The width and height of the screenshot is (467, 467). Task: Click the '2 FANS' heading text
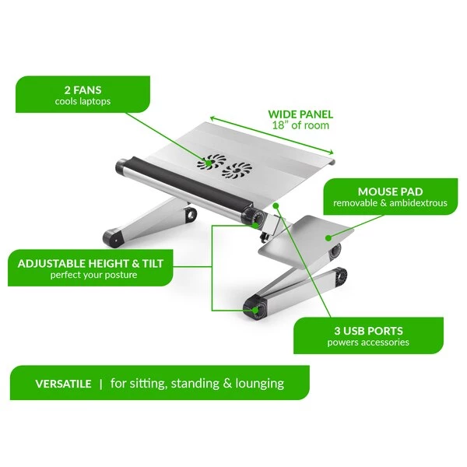(x=83, y=90)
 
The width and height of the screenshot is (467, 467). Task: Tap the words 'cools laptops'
(x=83, y=101)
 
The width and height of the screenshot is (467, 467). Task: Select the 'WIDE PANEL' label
(x=300, y=114)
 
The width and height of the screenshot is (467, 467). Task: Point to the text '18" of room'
(x=300, y=125)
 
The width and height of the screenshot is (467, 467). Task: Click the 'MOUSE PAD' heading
(x=390, y=191)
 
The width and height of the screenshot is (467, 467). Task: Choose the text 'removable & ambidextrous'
(x=390, y=203)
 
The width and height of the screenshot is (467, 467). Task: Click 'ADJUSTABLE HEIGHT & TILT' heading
(x=90, y=264)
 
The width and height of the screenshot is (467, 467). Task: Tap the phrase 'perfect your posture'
(x=93, y=275)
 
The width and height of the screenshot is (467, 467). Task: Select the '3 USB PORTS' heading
(x=368, y=331)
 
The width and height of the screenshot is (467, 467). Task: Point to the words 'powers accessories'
(x=368, y=342)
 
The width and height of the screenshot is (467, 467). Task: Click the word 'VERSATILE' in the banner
(x=63, y=383)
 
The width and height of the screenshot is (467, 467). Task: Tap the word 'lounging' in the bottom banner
(x=259, y=384)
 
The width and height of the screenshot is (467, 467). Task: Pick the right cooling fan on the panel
(x=237, y=171)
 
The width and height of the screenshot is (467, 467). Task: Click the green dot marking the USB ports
(x=276, y=205)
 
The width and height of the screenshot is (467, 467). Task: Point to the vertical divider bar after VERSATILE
(x=101, y=383)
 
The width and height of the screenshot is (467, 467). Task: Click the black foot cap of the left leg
(x=113, y=238)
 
